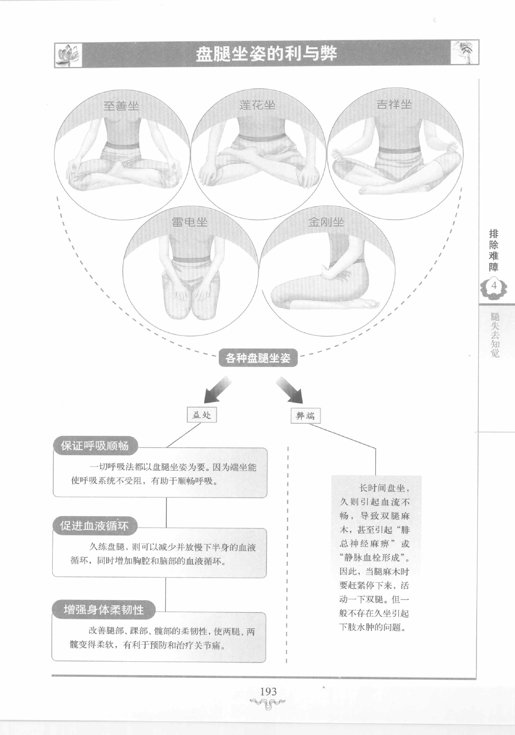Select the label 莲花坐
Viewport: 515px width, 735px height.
click(x=257, y=105)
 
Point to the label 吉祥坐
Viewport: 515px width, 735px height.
click(x=394, y=104)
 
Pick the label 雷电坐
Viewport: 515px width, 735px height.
click(x=190, y=222)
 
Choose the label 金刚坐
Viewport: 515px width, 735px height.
click(x=326, y=222)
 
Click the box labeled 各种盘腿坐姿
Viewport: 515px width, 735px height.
click(x=258, y=358)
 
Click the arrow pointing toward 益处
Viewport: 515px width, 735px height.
click(x=216, y=391)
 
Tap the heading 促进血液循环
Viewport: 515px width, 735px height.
click(x=95, y=526)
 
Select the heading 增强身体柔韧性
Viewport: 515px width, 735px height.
click(x=103, y=609)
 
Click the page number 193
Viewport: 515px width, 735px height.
click(x=268, y=692)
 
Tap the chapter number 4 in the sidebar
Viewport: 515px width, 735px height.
click(x=494, y=285)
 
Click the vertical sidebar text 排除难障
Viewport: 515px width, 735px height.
click(x=494, y=250)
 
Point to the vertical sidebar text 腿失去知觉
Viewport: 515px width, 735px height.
click(x=495, y=335)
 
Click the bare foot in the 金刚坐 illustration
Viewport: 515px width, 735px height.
click(x=368, y=303)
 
